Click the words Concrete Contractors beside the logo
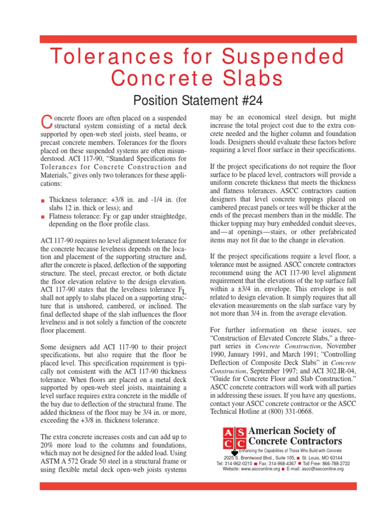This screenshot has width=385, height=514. [x=296, y=442]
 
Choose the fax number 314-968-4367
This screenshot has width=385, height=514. [x=284, y=463]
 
